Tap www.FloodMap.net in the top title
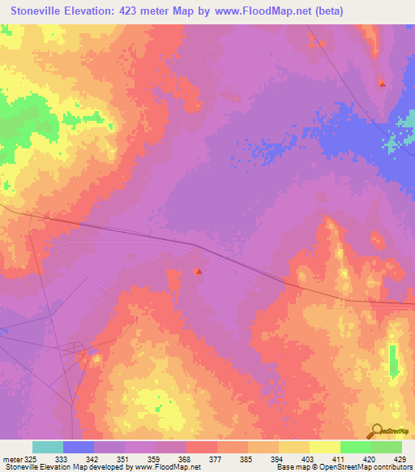(x=267, y=11)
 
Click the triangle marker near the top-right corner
(x=383, y=83)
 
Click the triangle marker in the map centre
(x=199, y=271)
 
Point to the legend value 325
(x=30, y=459)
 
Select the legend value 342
(x=94, y=459)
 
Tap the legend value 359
(x=156, y=459)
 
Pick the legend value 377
(x=217, y=459)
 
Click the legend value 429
(x=401, y=459)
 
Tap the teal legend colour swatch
(x=48, y=447)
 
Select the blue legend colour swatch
(x=79, y=447)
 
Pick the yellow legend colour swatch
(x=324, y=447)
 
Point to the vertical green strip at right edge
(x=393, y=360)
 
